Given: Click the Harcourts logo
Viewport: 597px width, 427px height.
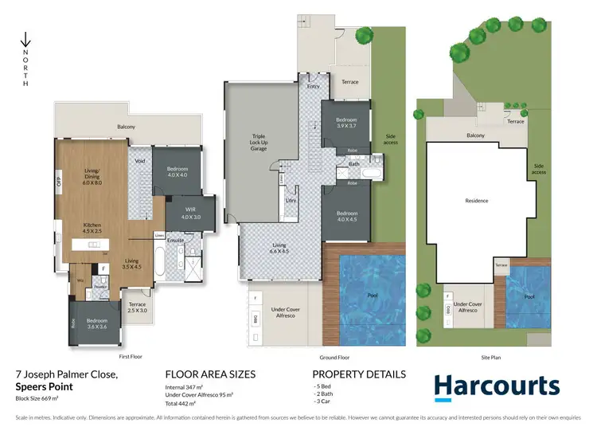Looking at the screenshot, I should (x=497, y=386).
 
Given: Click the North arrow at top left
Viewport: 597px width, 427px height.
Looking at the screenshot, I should (x=25, y=40).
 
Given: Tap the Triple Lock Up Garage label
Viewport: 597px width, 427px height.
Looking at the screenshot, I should (x=259, y=141).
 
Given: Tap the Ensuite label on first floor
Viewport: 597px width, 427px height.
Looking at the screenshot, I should (x=175, y=240).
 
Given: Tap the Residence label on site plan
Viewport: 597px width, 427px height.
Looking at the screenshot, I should (x=477, y=201).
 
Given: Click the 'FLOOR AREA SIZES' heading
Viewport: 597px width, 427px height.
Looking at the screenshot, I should (x=210, y=374).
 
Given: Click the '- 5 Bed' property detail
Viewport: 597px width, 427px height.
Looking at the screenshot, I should (x=324, y=386).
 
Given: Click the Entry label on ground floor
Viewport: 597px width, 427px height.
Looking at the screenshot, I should (x=312, y=86).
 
